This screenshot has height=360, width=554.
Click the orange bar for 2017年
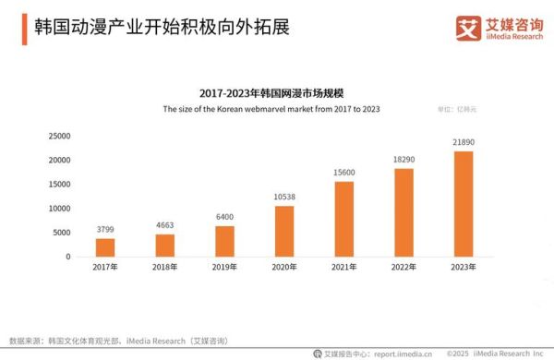coord(105,247)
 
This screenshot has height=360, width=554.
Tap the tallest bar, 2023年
coord(464,203)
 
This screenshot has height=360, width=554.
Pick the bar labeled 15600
coord(344,219)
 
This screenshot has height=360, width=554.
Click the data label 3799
coord(105,230)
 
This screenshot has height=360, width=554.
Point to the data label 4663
coord(165,225)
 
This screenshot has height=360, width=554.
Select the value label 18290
coord(403,160)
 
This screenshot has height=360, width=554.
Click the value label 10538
coord(284,197)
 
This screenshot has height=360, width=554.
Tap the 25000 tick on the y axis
coord(59,136)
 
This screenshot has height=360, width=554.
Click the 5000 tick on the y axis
coord(62,233)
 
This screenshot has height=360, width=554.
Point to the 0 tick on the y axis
coord(67,257)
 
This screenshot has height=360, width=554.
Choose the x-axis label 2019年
coord(224,268)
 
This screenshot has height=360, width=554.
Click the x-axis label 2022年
coord(403,268)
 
